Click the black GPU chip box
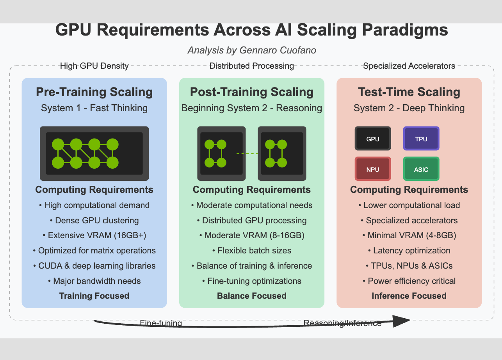coord(373,138)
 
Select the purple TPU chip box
coord(421,138)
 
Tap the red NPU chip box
coord(373,169)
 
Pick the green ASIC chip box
coord(421,169)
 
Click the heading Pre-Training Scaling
coord(94,92)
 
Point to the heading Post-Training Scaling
coord(252,92)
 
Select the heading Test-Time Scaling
coord(409,92)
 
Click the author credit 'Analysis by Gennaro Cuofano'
coord(252,50)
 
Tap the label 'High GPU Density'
coord(94,66)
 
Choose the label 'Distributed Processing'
coord(252,66)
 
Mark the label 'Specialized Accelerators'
coord(409,66)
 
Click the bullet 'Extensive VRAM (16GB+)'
coord(94,235)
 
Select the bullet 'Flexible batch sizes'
coord(252,250)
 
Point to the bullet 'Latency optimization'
coord(409,250)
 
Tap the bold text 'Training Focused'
coord(94,296)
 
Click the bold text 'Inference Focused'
coord(409,296)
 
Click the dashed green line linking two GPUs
coord(247,153)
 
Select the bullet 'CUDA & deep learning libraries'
coord(94,266)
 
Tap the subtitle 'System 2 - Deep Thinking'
coord(409,108)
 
